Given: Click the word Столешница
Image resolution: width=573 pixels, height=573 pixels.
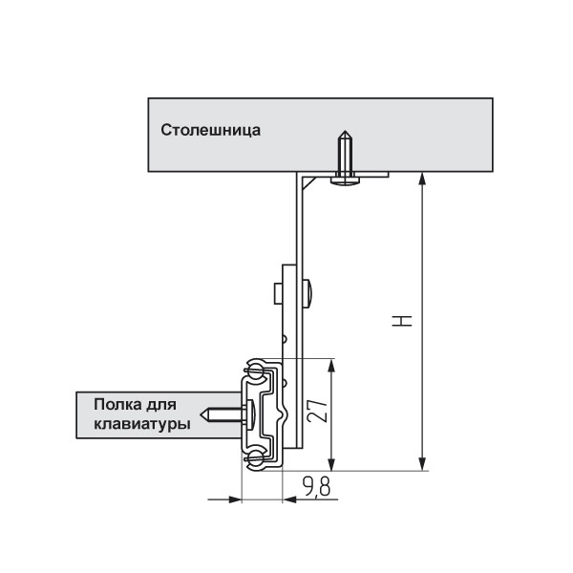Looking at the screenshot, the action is coord(210,131).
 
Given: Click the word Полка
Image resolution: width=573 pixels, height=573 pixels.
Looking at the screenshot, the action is coord(118,405).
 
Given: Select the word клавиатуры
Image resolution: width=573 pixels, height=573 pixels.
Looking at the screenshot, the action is coord(142,425).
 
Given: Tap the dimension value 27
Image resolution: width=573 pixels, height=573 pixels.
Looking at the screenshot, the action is coord(317,411).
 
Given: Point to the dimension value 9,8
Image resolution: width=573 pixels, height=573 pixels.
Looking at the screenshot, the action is coord(316,486).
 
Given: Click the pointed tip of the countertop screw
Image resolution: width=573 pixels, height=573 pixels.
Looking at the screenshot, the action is coord(345,131).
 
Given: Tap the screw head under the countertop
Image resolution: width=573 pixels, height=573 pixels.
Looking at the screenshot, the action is coord(345,180).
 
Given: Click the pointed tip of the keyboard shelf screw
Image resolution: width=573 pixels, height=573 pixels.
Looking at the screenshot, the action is coord(201,414).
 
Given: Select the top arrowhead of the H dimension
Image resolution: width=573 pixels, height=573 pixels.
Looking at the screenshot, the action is coord(422,180).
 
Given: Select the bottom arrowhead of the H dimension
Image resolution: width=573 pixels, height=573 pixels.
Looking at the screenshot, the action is coord(422,463).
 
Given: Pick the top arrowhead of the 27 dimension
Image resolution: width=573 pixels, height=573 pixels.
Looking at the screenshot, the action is coord(331,366).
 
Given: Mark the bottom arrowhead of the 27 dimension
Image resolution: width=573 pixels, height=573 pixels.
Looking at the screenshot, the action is coord(331,463).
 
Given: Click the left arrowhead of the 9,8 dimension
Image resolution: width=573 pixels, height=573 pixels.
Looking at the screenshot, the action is coord(235,499).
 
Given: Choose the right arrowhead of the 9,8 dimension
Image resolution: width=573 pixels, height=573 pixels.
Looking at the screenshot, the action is coord(289,499).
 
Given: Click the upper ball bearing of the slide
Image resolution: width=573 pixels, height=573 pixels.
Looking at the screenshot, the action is coord(255,368).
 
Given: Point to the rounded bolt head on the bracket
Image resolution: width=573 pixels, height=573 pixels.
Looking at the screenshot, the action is coord(308,293).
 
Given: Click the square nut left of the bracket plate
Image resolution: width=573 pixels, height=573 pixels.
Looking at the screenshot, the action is coord(279,293).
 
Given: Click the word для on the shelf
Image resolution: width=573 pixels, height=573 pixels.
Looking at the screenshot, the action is coord(161,405).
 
